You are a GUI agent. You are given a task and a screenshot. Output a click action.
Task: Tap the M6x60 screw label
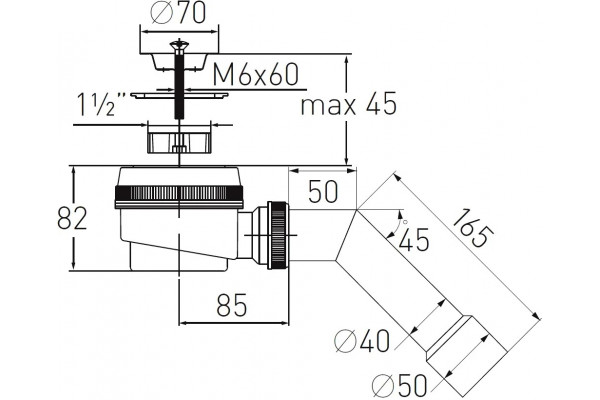tap(255, 75)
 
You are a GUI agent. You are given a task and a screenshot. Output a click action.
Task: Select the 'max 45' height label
tap(348, 104)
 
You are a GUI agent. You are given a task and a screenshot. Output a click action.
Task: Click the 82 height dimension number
tap(72, 218)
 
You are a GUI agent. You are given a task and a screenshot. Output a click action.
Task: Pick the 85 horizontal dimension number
tap(232, 305)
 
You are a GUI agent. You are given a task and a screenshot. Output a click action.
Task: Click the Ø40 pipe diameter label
tap(362, 341)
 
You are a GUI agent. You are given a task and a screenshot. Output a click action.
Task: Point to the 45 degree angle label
tap(413, 240)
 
